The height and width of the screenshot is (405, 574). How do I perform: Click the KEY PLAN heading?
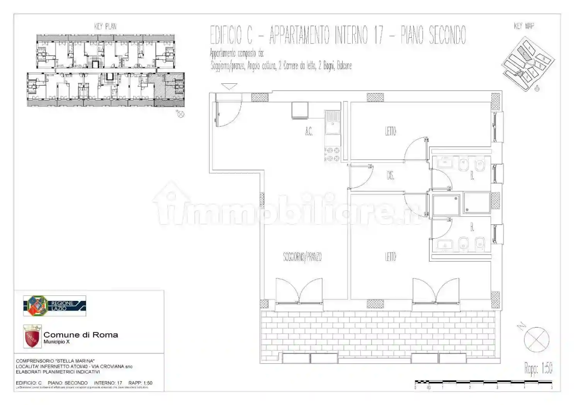(x=105, y=26)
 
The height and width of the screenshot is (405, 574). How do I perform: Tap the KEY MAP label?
(x=524, y=26)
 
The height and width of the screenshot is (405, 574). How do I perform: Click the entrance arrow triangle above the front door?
(x=229, y=86)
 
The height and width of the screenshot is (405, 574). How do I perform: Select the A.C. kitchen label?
(x=309, y=132)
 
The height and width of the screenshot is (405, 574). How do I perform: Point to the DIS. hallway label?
(x=390, y=176)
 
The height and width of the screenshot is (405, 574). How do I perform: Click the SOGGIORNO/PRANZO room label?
(x=302, y=257)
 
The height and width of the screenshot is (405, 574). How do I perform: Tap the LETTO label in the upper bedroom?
(x=391, y=131)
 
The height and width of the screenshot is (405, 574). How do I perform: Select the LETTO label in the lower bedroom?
(x=391, y=257)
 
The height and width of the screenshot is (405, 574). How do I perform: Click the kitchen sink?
(x=332, y=122)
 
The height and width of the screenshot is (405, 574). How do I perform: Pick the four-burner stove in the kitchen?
(x=332, y=154)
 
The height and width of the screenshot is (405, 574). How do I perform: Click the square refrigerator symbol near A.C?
(x=300, y=110)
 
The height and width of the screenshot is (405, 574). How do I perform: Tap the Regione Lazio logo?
(x=54, y=306)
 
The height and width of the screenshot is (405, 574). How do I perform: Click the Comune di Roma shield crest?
(x=32, y=336)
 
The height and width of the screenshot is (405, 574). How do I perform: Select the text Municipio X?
(x=56, y=342)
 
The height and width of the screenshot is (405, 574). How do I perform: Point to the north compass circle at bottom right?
(x=537, y=339)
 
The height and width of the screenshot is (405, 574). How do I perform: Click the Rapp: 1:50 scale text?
(x=538, y=368)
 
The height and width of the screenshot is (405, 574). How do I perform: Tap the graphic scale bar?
(x=483, y=383)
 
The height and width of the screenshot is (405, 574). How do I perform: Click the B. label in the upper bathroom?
(x=472, y=176)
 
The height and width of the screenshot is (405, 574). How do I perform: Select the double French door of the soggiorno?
(x=299, y=291)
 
